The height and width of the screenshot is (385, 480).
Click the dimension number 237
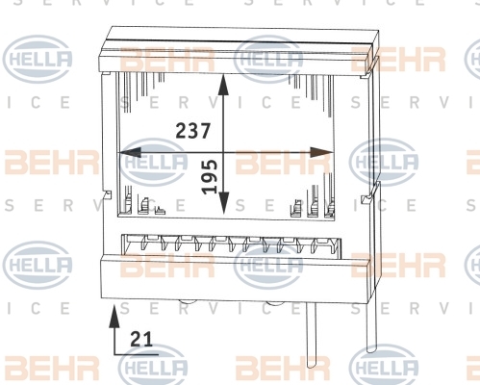[193, 131]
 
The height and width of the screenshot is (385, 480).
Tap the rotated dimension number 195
[210, 177]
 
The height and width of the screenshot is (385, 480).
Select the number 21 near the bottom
[141, 340]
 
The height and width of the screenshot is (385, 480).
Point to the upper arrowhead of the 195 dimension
[223, 85]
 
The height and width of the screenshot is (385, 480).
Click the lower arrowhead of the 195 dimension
[223, 203]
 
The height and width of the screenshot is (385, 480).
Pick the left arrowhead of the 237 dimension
[130, 152]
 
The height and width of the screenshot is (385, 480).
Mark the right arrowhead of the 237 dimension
[322, 152]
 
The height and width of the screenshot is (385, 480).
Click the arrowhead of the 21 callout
[114, 316]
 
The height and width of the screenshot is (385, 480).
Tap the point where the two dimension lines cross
[223, 152]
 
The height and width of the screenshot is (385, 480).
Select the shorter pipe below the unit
[311, 335]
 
